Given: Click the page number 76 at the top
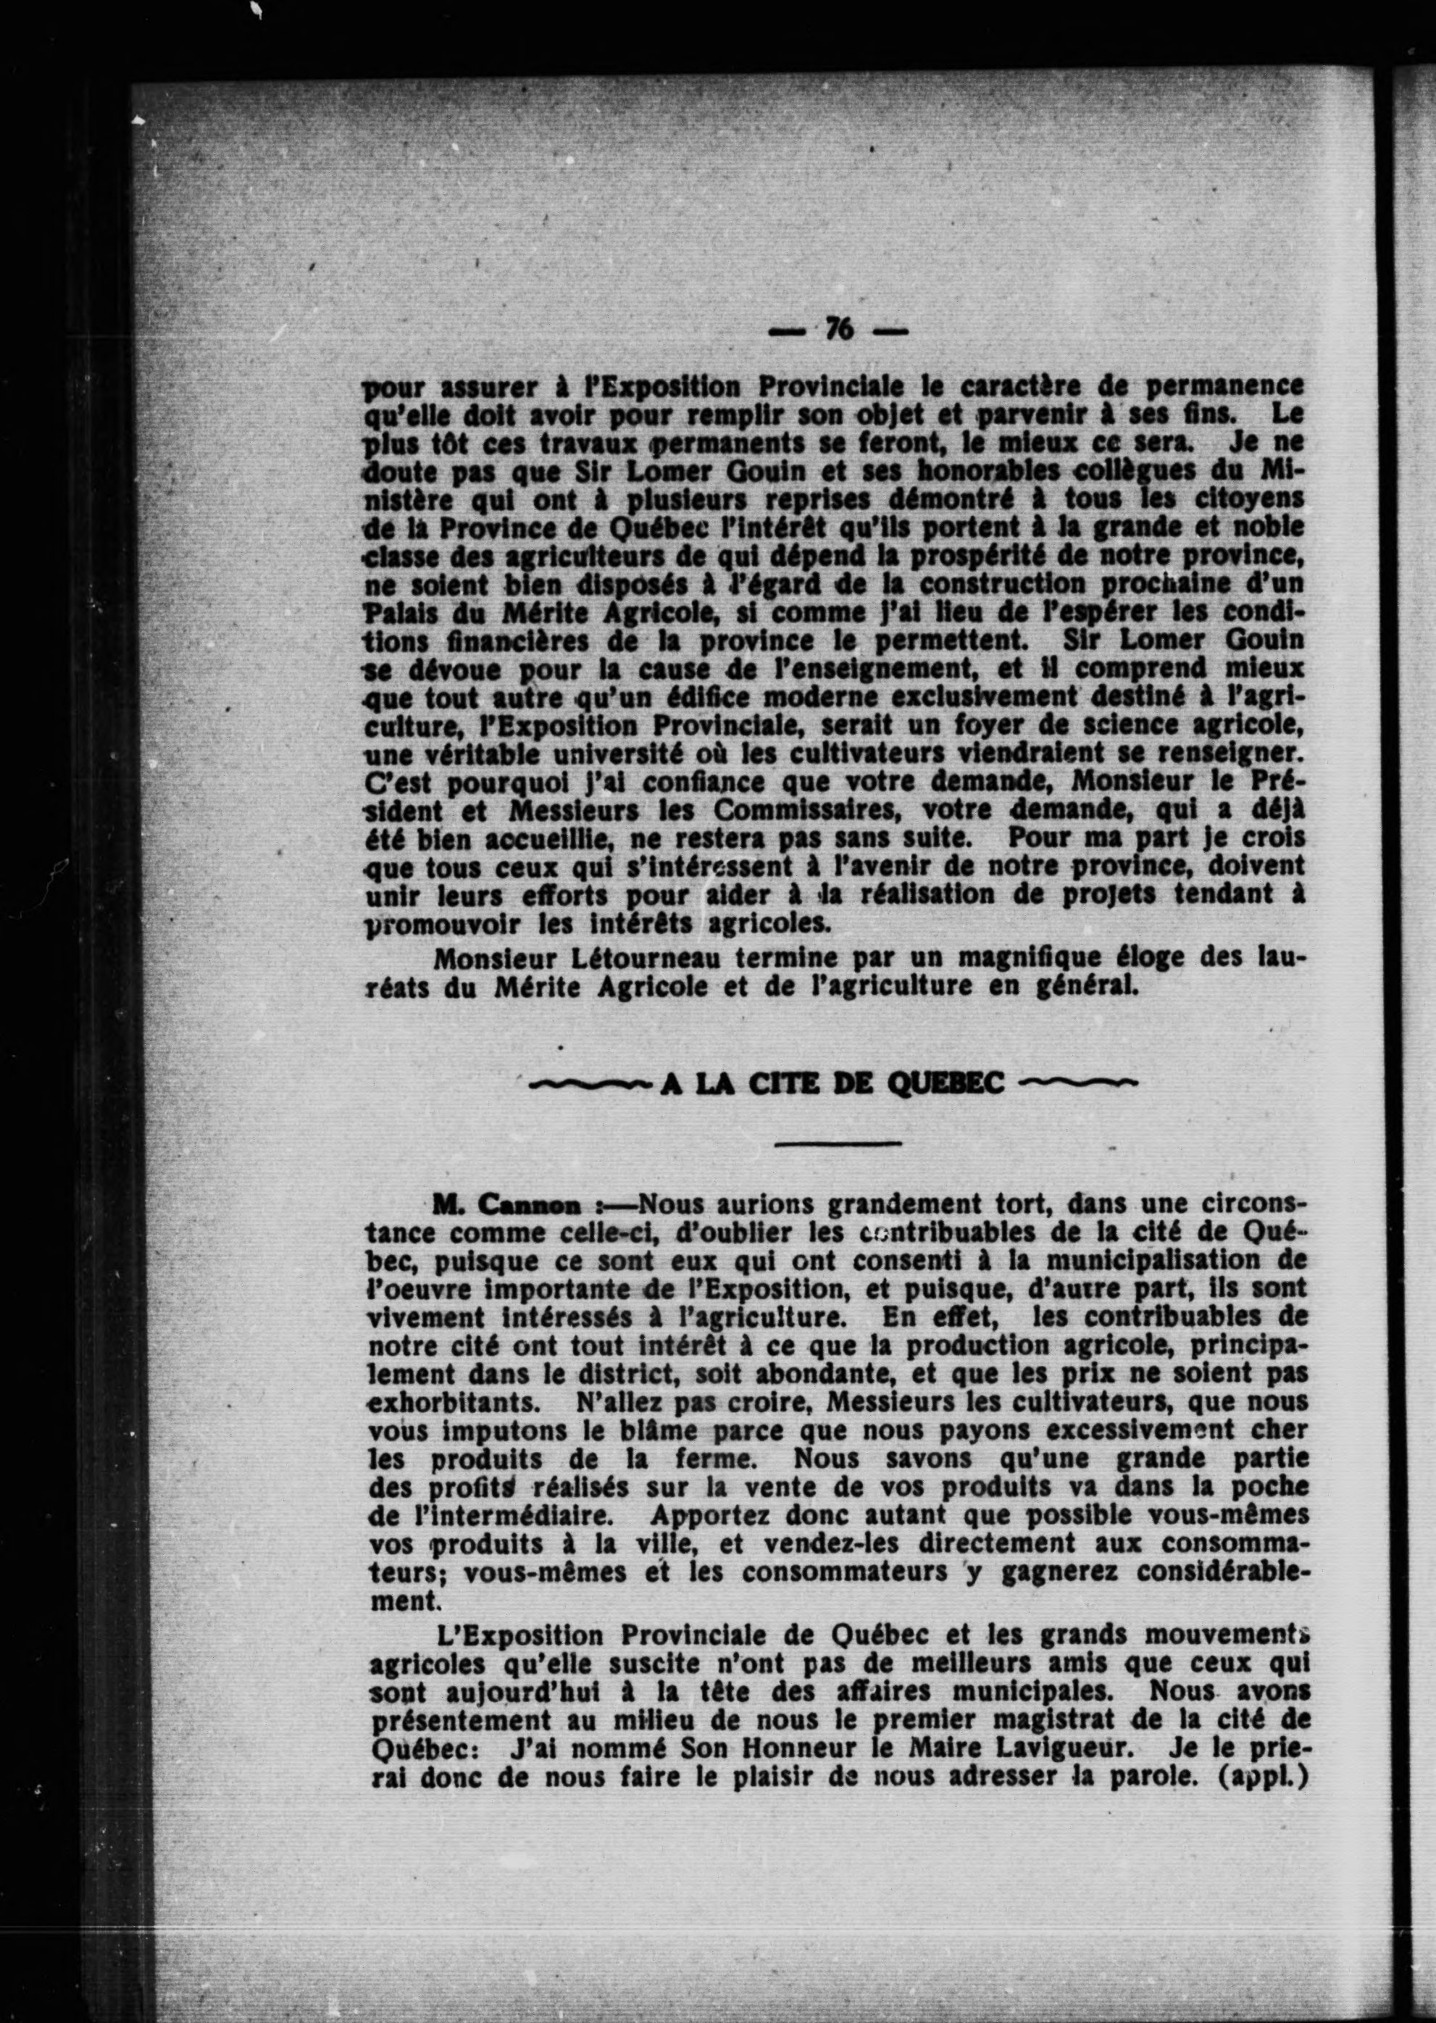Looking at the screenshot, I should (x=838, y=330).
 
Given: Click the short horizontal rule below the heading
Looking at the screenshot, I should (x=838, y=1144).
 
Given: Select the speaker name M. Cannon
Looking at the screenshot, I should (x=506, y=1205).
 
